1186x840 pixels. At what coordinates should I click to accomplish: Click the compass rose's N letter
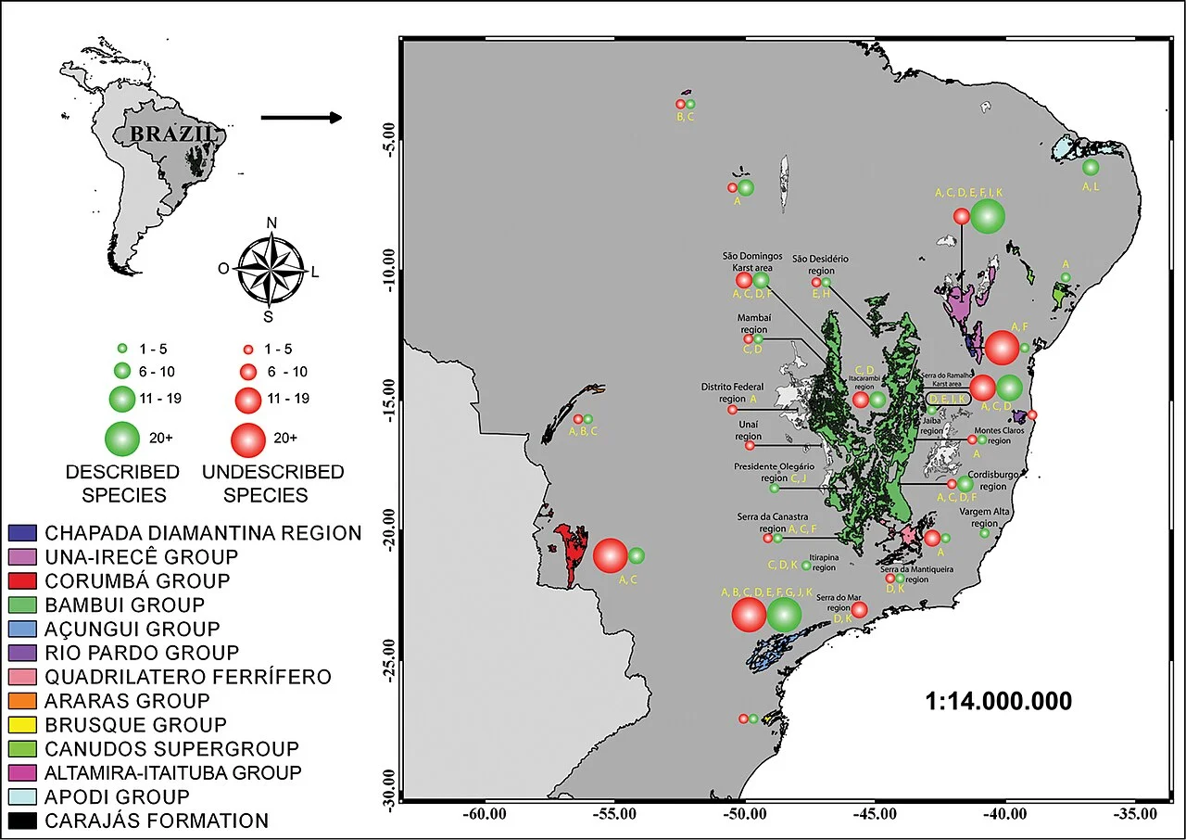point(271,223)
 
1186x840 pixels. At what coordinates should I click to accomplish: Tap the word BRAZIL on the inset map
point(174,134)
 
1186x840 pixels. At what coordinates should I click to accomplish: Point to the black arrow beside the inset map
point(301,118)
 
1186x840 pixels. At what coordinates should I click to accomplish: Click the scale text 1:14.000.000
point(998,701)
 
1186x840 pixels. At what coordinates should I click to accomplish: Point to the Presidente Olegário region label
point(774,472)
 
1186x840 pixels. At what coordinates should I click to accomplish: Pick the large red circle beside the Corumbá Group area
point(611,555)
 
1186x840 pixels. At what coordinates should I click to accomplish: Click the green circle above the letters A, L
point(1091,167)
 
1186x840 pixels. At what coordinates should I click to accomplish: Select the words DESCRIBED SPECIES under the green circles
point(122,482)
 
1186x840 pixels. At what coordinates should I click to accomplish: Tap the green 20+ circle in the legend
point(122,437)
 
